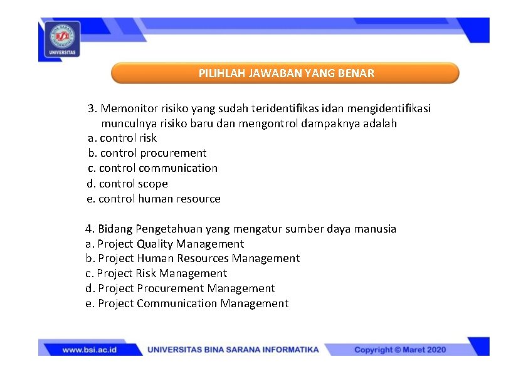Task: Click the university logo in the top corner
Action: pos(61,39)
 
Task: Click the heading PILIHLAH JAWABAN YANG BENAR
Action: pos(286,73)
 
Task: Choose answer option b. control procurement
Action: pos(147,153)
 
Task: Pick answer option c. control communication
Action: pos(152,168)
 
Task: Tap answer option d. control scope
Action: pos(127,184)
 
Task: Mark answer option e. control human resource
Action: pos(154,199)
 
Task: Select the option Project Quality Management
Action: pos(165,244)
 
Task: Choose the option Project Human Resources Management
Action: pos(193,258)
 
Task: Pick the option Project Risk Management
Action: pos(156,273)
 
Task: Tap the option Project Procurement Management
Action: pos(180,288)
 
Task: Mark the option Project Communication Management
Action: pos(187,303)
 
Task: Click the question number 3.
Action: pos(92,108)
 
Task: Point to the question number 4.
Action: pos(89,229)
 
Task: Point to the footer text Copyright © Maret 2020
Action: pos(400,350)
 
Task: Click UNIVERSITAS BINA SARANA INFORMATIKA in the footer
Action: pos(233,350)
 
